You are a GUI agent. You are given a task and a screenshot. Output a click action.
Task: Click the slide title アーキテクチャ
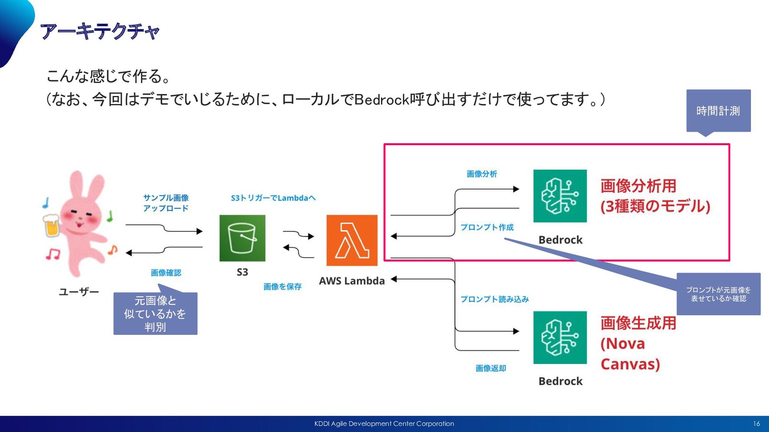coord(100,31)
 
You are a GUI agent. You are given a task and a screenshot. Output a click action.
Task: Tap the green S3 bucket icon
coord(242,238)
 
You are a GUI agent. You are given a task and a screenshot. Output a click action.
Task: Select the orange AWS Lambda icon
coord(352,240)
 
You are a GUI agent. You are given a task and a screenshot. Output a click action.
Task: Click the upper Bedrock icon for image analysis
coord(560,196)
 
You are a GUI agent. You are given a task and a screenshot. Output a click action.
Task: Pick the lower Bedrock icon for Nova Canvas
coord(560,338)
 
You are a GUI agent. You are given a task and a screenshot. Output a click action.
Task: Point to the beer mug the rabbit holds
coord(51,225)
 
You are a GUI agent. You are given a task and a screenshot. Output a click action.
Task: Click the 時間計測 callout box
coord(718,111)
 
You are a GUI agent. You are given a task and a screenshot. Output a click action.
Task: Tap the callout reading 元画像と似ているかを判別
coord(155,314)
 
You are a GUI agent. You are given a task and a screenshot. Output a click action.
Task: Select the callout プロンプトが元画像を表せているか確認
coord(718,294)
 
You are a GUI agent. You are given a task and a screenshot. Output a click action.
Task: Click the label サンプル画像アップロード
coord(166,203)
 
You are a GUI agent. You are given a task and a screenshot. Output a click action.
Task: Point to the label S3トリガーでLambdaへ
coord(273,198)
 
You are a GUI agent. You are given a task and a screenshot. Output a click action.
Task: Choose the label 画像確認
coord(166,273)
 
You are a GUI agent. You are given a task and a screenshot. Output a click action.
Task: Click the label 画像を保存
coord(282,286)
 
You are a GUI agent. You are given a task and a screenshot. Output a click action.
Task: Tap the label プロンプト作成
coord(487,227)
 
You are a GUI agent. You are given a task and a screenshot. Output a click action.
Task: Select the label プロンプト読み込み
coord(494,299)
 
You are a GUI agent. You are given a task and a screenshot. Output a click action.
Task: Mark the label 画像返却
coord(491,368)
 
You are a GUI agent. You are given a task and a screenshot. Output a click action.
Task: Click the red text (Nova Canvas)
coord(630,354)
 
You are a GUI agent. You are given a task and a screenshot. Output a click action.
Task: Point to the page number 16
coord(756,424)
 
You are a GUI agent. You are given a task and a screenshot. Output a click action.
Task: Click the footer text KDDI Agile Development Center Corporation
coord(384,424)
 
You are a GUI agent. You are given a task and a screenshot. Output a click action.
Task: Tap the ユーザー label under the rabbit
coord(79,292)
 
